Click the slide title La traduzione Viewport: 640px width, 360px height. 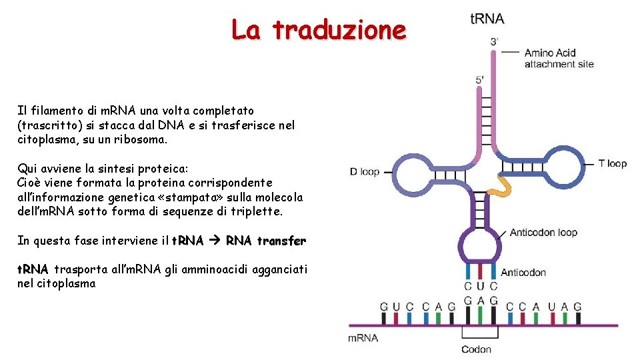(x=318, y=30)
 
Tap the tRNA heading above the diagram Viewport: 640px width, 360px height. (x=487, y=19)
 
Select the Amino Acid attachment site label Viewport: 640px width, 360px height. (x=559, y=59)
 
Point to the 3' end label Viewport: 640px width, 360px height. (x=494, y=41)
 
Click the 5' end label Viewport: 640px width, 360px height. (x=479, y=80)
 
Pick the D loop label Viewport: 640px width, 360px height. (x=364, y=172)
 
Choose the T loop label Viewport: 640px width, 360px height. (x=612, y=163)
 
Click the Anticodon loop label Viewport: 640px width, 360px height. (x=543, y=233)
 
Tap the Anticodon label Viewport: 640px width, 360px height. (x=523, y=272)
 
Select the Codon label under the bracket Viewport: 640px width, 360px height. (x=476, y=349)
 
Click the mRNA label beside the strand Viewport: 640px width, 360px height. (x=363, y=337)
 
